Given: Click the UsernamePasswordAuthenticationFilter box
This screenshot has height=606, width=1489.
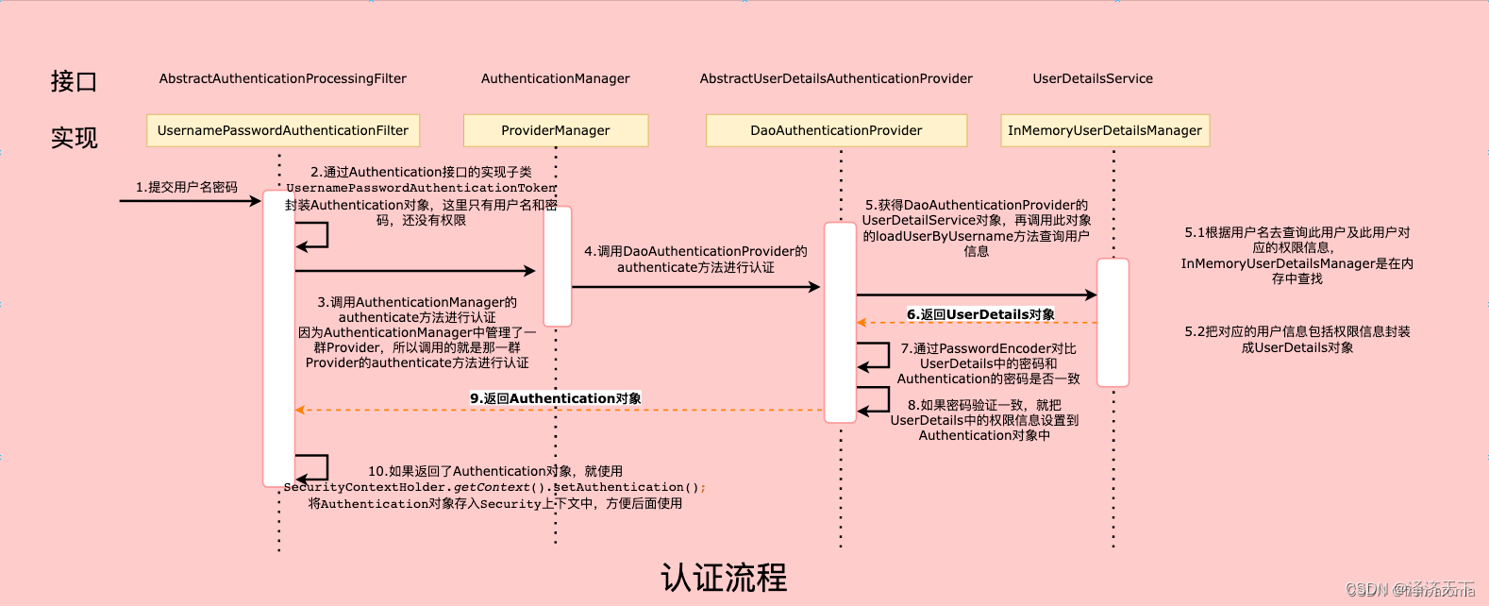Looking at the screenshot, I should point(283,130).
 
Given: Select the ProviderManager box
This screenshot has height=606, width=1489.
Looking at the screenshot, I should point(556,130).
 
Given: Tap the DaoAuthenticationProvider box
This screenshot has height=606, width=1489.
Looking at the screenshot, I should point(836,130).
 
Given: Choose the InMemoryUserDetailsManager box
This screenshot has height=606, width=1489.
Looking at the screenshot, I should point(1105,130).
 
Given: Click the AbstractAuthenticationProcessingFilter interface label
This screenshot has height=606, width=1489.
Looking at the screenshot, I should point(283,78).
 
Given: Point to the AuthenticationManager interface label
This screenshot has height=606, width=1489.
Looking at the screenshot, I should point(556,78).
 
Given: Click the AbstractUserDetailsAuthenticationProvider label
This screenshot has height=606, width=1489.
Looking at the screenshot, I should point(836,78).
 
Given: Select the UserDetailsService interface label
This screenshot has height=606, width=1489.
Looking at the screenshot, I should point(1093,78).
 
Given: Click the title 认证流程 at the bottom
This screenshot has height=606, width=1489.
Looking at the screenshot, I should point(724,578).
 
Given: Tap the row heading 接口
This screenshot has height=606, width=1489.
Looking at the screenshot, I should point(74,81).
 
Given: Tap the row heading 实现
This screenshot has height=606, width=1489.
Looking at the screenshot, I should point(74,138).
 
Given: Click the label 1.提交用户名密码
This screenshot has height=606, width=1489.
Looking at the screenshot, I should point(187,187).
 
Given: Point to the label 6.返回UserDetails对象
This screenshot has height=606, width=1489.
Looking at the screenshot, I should point(981,314).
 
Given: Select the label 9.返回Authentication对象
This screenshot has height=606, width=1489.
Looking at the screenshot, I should point(556,398).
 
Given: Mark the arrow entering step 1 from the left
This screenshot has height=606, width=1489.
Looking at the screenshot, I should point(189,201).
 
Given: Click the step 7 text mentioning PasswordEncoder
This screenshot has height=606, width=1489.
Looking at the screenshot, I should point(988,363).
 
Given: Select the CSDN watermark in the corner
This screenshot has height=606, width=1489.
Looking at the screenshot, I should point(1410,590).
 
